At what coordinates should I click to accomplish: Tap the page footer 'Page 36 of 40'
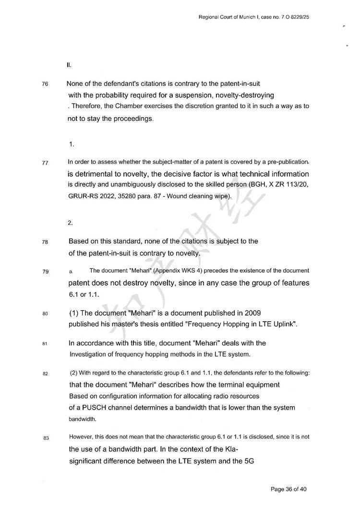(288, 489)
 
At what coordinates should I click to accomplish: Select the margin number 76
(45, 84)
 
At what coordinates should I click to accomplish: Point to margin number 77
(45, 163)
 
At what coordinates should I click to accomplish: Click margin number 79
(45, 272)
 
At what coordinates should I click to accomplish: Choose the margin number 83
(45, 438)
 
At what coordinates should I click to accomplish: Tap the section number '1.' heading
(71, 144)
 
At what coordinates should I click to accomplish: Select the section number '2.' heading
(71, 223)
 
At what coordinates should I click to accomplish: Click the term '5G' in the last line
(249, 461)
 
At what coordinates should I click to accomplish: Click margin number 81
(45, 344)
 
